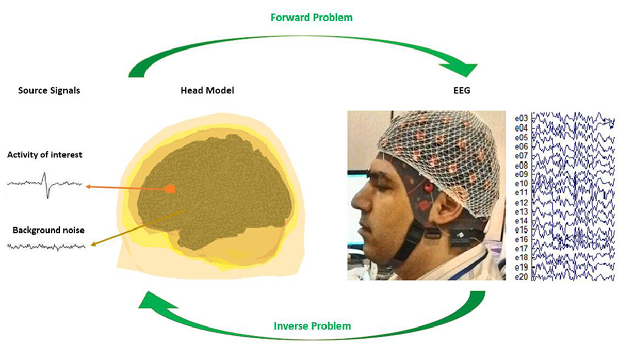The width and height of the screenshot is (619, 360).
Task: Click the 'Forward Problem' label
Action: point(312,18)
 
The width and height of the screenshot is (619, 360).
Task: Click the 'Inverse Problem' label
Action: point(312,326)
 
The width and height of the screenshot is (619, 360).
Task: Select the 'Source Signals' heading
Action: point(49,91)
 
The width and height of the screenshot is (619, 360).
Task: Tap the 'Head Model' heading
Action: point(207,90)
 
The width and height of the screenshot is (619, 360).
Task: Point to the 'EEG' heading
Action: point(462,90)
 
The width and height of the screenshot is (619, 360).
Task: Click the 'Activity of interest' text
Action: point(44,155)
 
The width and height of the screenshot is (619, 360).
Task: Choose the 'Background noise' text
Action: point(48,230)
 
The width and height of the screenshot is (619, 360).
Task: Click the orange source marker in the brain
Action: point(170,189)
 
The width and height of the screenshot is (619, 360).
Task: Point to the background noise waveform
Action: point(46,247)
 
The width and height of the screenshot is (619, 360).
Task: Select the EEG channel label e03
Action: point(521,119)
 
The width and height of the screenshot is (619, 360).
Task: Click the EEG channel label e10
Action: point(521,184)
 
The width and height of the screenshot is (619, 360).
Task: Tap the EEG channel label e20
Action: point(521,276)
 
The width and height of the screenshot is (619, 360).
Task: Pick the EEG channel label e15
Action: point(521,230)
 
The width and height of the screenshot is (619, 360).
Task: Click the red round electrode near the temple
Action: point(429,188)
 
